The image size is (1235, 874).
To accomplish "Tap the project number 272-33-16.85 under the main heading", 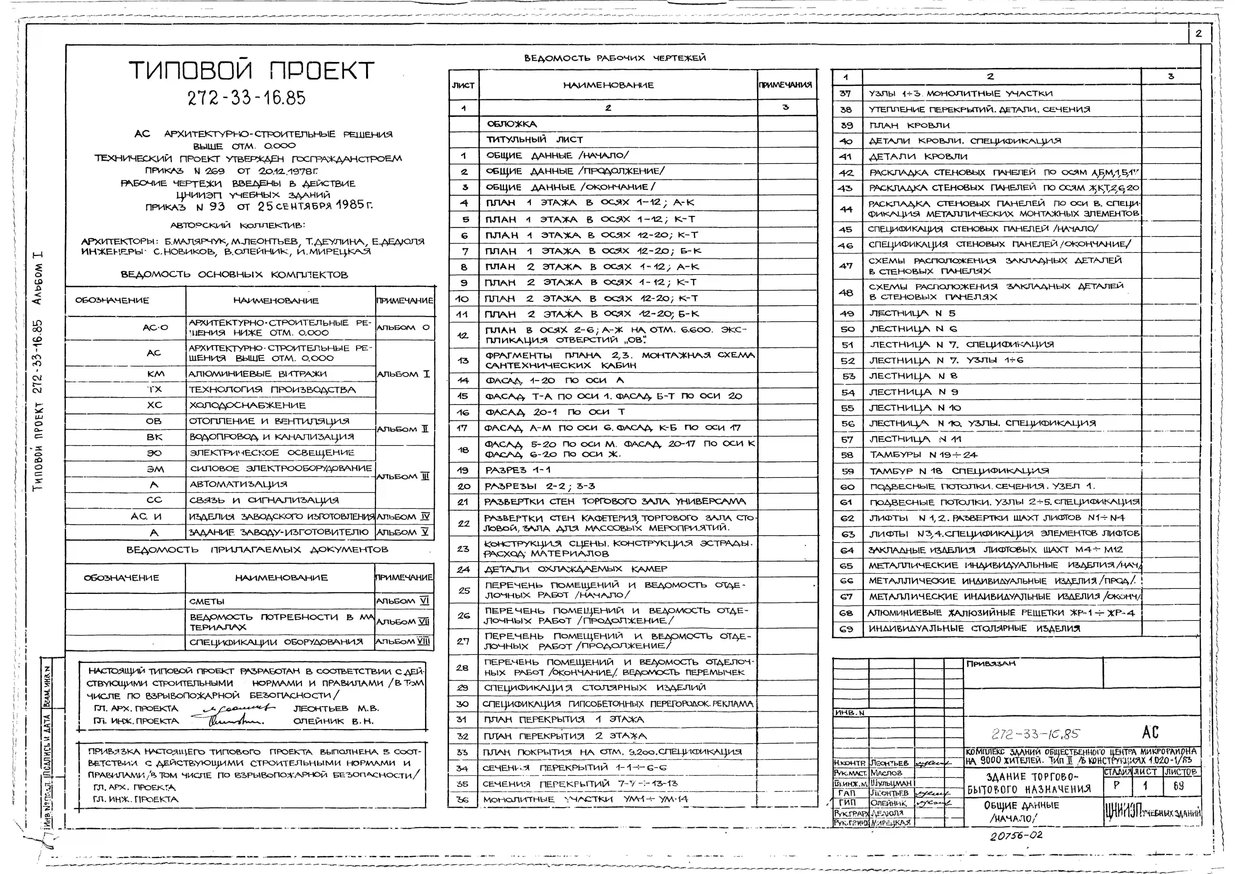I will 247,98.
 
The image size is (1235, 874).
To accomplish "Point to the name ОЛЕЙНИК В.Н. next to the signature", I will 333,721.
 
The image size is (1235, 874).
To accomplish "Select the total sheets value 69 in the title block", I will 1179,786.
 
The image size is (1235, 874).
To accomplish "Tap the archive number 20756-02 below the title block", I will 1016,836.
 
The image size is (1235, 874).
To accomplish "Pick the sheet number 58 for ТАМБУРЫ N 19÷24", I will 847,455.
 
